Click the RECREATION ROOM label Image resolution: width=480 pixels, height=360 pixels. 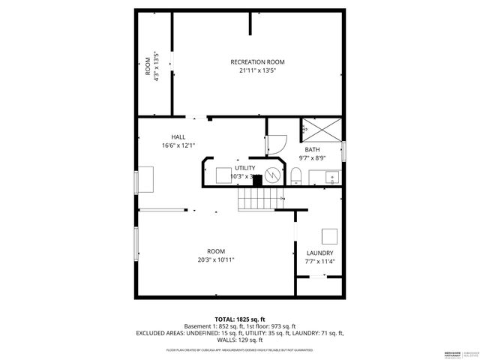[x=257, y=61]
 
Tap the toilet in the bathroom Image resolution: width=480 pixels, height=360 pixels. [x=296, y=176]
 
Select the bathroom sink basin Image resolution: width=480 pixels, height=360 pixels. [x=331, y=178]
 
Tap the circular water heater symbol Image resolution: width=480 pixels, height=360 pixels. [x=274, y=175]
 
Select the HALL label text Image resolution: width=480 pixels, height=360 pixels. [x=178, y=136]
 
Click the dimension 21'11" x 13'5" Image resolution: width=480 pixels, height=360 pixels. [x=257, y=70]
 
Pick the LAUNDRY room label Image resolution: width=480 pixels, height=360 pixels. [x=319, y=253]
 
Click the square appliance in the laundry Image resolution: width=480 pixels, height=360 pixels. [x=328, y=235]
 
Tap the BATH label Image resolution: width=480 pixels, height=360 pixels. [x=310, y=149]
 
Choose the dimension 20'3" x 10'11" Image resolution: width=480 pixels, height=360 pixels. [x=216, y=260]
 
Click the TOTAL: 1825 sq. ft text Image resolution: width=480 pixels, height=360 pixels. [x=239, y=319]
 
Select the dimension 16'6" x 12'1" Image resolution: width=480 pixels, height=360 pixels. [x=178, y=145]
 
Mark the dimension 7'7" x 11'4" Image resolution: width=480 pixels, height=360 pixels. [x=319, y=262]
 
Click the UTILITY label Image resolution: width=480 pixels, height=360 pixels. [x=244, y=168]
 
